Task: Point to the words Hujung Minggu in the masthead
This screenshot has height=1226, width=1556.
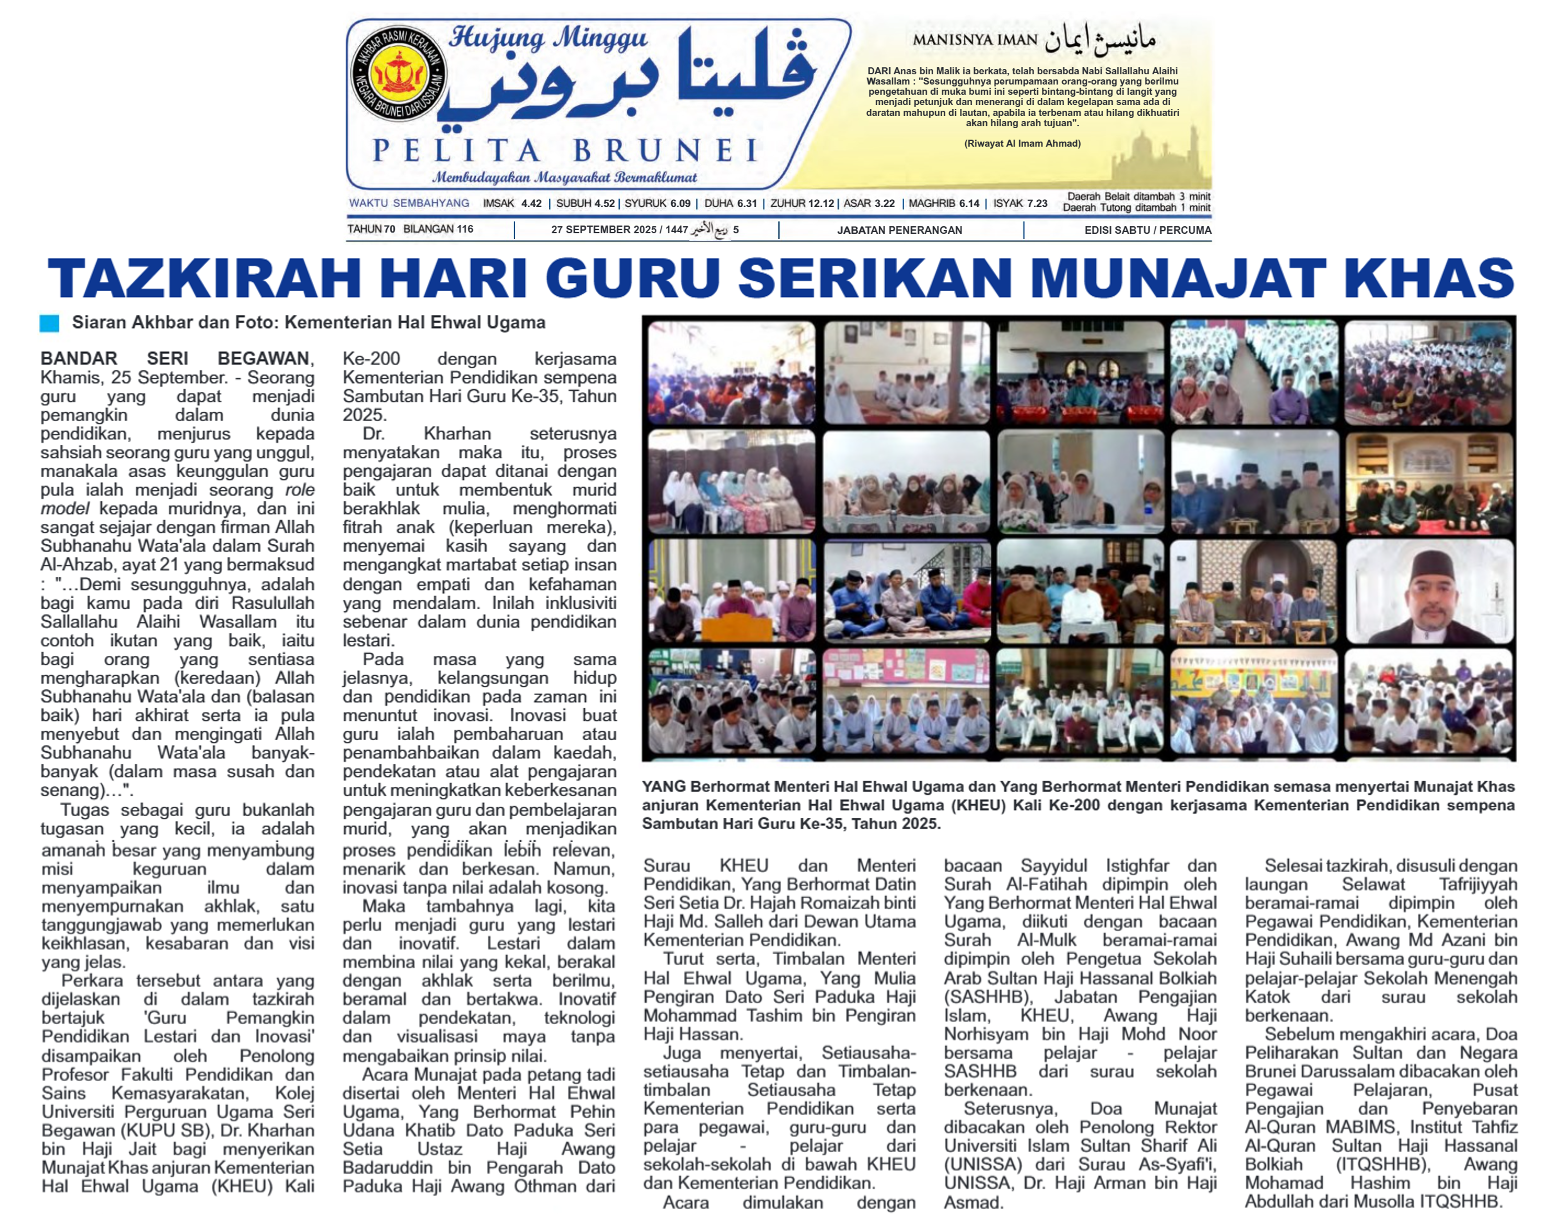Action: (x=548, y=38)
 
